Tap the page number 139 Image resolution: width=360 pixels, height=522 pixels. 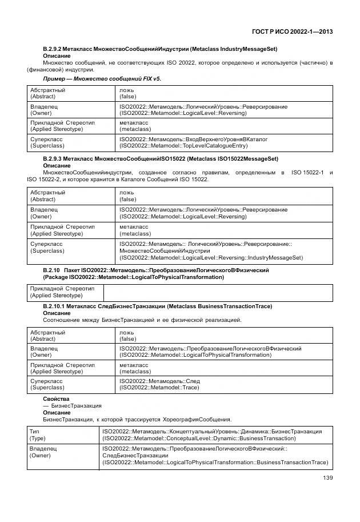point(327,477)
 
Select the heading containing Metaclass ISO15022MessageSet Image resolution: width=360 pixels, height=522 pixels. point(160,158)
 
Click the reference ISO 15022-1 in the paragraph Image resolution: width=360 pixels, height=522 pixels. point(308,172)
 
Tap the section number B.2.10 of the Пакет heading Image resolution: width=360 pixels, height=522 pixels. point(51,270)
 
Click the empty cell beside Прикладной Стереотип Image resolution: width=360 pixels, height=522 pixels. point(217,292)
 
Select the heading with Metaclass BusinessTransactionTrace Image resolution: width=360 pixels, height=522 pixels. point(157,306)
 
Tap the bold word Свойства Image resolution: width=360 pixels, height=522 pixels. point(55,399)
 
